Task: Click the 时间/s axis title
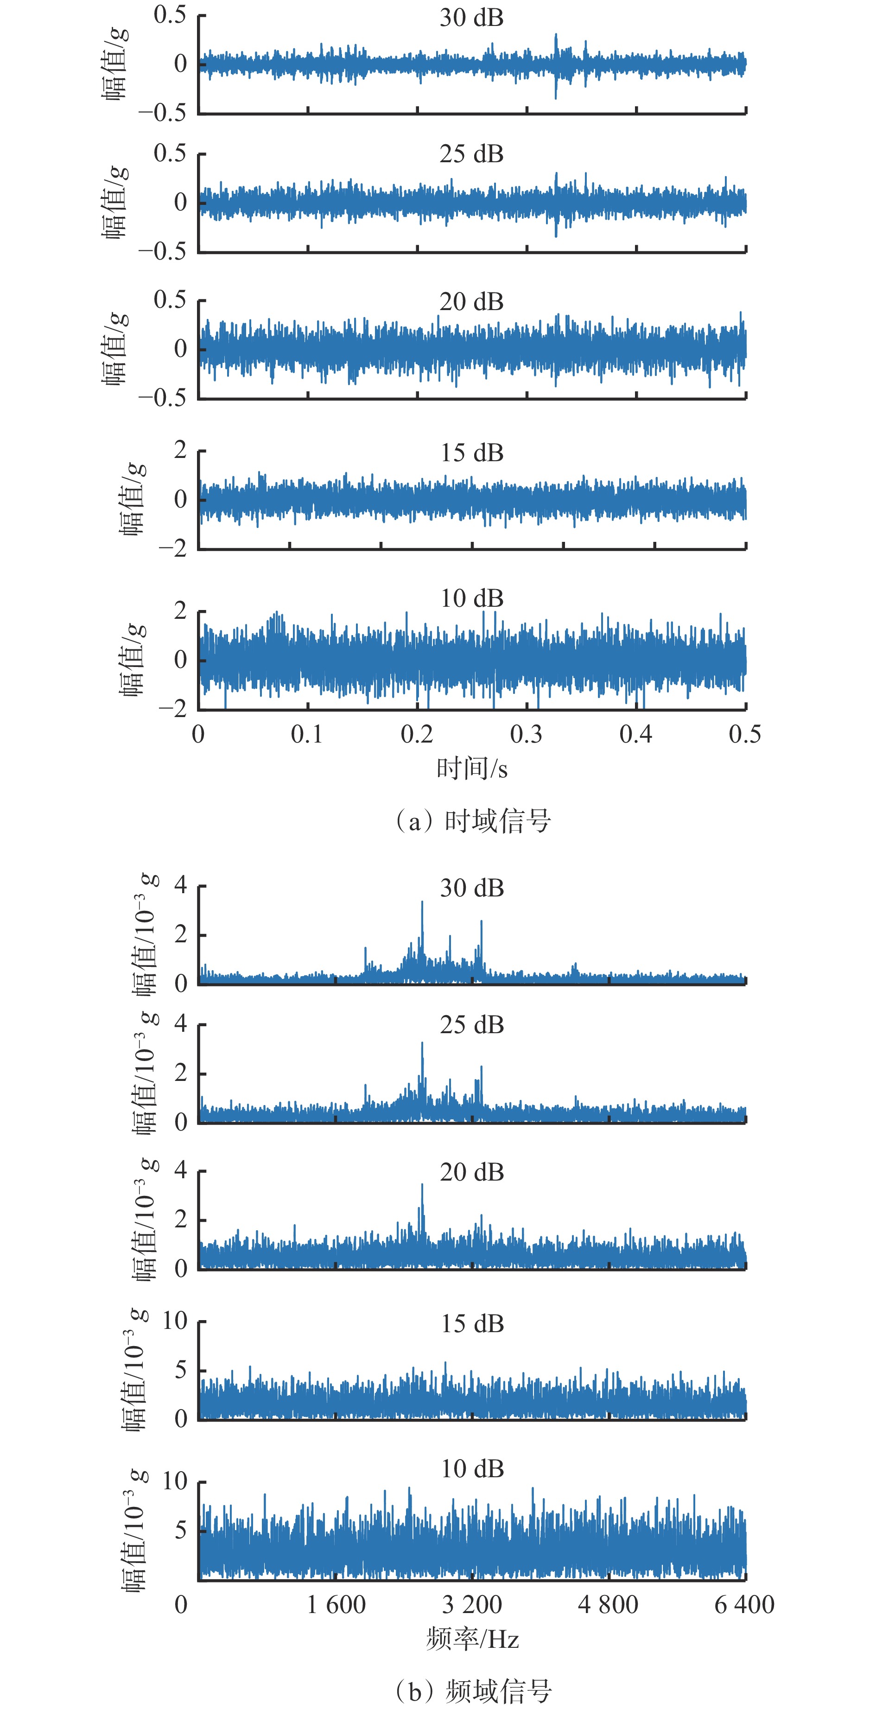[x=472, y=769]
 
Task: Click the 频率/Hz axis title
[x=472, y=1639]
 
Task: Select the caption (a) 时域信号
[x=472, y=821]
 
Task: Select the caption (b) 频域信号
[x=472, y=1690]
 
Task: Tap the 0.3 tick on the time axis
[x=526, y=734]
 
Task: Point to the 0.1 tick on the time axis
[x=307, y=734]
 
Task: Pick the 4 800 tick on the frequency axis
[x=608, y=1604]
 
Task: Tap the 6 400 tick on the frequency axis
[x=744, y=1604]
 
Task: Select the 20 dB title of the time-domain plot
[x=472, y=302]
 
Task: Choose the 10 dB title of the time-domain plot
[x=472, y=598]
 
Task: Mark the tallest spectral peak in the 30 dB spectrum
[x=422, y=902]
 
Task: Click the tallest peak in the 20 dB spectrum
[x=422, y=1185]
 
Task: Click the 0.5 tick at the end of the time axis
[x=744, y=734]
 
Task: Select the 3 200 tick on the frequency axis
[x=472, y=1604]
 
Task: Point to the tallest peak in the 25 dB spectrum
[x=422, y=1043]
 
